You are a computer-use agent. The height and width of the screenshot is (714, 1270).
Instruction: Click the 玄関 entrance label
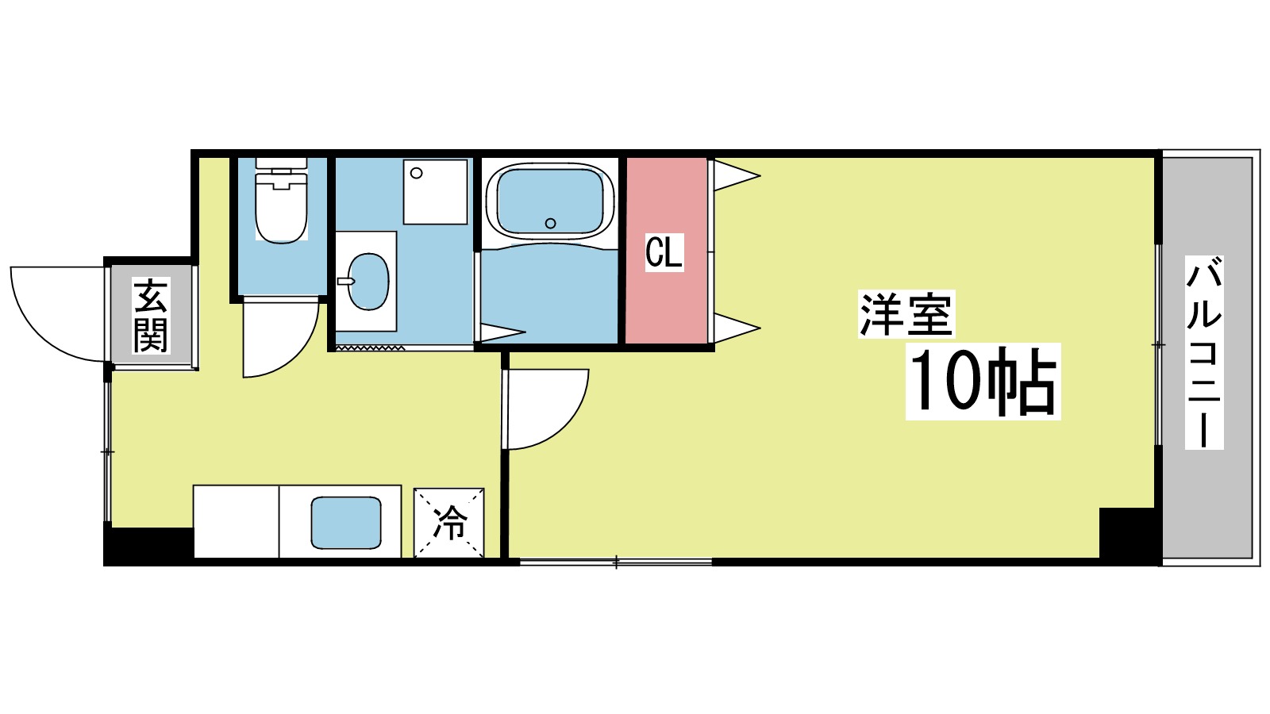click(151, 315)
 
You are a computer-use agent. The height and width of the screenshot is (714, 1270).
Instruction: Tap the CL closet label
click(664, 252)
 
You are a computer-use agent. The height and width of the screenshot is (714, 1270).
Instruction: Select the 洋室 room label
click(906, 314)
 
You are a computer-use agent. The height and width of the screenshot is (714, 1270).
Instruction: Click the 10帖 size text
click(983, 382)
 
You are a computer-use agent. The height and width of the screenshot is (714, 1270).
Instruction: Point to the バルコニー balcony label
click(1203, 352)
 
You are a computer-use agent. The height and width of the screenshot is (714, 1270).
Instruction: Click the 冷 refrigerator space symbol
click(449, 523)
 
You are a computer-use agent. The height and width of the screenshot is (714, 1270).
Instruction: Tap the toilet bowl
click(281, 207)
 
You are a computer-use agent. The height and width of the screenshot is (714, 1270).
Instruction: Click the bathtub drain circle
click(550, 223)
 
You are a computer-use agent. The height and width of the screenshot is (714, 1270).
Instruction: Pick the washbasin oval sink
click(368, 281)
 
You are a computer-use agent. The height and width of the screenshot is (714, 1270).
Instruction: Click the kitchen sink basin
click(346, 523)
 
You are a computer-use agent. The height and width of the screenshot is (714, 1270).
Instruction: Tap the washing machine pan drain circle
click(417, 173)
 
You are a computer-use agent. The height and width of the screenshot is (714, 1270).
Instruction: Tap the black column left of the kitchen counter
click(148, 545)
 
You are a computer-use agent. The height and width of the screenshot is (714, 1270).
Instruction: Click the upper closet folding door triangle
click(736, 175)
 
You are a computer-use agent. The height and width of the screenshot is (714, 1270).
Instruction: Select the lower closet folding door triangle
click(736, 328)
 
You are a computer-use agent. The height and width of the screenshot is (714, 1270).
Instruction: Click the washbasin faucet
click(345, 281)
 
